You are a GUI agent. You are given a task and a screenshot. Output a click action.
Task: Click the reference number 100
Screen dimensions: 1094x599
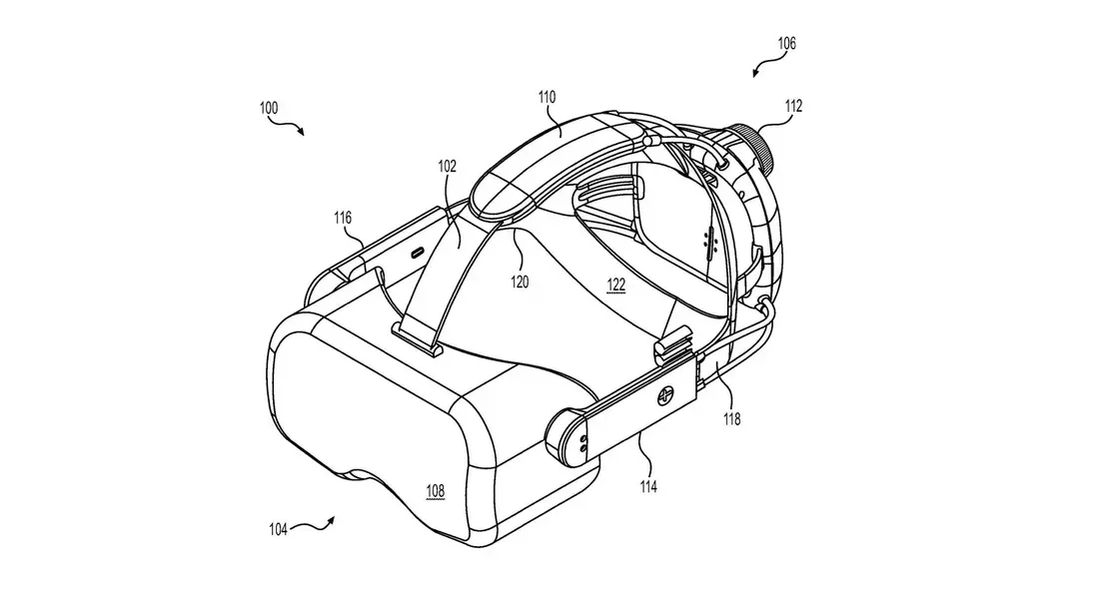click(269, 108)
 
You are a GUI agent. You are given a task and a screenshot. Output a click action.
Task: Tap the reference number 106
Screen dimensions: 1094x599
click(786, 43)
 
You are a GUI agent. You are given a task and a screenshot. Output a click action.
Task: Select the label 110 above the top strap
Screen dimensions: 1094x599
click(547, 97)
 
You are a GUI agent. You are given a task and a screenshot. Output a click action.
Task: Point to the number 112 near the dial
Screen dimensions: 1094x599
click(793, 106)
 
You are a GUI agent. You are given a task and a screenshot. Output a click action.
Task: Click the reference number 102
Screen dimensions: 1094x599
click(448, 166)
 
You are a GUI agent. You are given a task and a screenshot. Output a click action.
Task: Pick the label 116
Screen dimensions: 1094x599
click(343, 219)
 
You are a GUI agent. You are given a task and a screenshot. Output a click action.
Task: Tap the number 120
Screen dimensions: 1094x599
click(520, 282)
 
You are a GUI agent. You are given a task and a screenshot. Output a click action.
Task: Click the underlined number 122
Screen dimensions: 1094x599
click(616, 286)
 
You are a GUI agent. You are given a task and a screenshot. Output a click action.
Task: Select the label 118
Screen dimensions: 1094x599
click(731, 419)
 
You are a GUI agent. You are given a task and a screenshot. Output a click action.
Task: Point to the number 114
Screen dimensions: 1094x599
click(648, 487)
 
